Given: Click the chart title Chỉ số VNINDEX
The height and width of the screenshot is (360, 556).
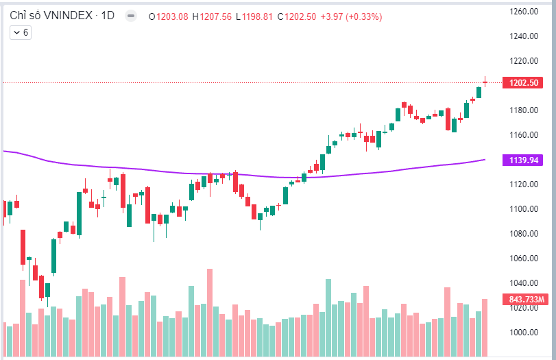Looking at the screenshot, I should point(51,16).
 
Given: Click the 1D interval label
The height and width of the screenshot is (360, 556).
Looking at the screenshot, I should point(108,16).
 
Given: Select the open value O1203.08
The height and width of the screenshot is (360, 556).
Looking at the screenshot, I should point(169,16).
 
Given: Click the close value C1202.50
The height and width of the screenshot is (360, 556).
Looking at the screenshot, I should point(297,16).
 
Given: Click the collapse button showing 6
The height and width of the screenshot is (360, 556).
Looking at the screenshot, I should point(20,32).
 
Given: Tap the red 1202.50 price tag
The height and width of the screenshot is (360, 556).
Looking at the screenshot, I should point(524,82).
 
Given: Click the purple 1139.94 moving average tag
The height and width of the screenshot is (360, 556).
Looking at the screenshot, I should point(524,160).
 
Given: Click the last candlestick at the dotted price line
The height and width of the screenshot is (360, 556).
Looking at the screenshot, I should point(485,82).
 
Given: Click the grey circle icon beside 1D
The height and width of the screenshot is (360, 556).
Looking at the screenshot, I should point(131,16).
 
